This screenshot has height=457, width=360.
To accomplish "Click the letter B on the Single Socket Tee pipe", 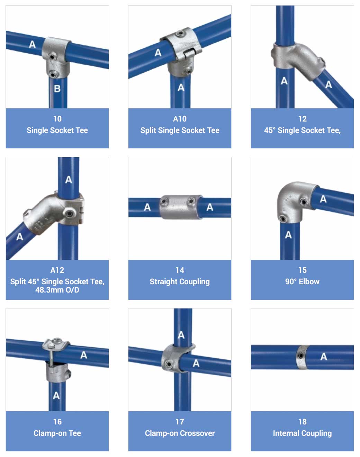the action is [57, 89].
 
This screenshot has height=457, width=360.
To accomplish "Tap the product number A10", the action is [180, 119].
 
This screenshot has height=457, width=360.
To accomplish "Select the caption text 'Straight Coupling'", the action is [180, 281].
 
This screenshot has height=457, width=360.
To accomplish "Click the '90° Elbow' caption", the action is [302, 281].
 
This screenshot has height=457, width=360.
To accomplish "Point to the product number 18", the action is [302, 422].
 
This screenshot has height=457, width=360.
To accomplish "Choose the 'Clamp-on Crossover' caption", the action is [180, 433].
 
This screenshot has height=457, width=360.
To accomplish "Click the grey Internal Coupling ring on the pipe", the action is [302, 357].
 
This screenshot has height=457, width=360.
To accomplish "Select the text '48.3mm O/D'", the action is [57, 290].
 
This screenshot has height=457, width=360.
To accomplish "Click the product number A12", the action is [57, 270].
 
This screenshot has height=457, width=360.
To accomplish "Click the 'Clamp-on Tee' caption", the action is [57, 433].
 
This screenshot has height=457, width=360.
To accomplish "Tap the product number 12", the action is [302, 119].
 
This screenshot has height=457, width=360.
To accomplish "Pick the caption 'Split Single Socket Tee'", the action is [180, 130].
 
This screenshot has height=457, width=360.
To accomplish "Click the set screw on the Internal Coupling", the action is [301, 355].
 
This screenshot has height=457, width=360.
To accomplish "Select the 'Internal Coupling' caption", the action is [302, 433].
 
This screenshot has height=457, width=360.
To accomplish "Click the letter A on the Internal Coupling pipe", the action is [323, 357].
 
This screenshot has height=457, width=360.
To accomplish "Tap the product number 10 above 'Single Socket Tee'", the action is [57, 119].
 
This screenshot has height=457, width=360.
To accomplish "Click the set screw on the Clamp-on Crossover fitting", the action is [169, 365].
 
